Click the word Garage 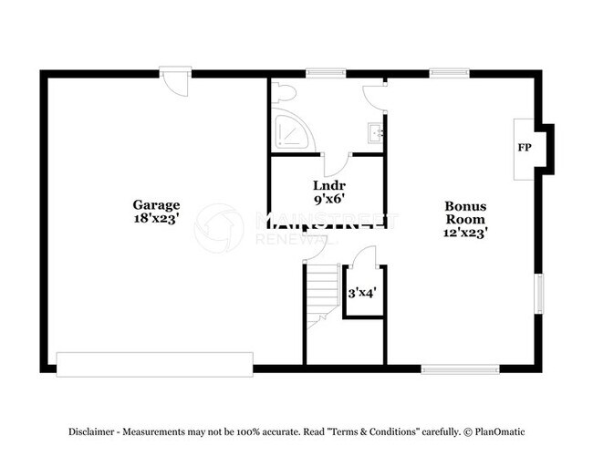tap(156, 205)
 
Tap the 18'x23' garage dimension tap(156, 219)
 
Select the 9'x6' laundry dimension tap(328, 197)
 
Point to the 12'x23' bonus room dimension tap(465, 233)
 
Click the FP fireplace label tap(525, 147)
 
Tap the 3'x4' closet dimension tap(362, 294)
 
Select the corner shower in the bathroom tap(289, 133)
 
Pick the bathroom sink tap(376, 133)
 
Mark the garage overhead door tap(154, 363)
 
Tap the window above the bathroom tap(320, 72)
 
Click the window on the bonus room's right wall tap(538, 295)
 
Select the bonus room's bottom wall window tap(460, 369)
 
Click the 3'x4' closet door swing tap(364, 257)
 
